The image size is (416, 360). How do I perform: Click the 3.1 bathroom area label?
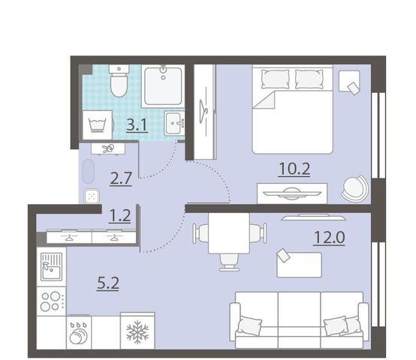pyautogui.click(x=137, y=125)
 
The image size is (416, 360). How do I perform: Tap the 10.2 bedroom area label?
pyautogui.click(x=294, y=169)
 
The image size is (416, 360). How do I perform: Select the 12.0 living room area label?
pyautogui.click(x=329, y=237)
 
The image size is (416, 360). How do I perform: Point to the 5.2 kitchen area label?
pyautogui.click(x=108, y=283)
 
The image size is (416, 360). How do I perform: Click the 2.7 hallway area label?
pyautogui.click(x=121, y=178)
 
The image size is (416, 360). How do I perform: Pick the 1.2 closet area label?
pyautogui.click(x=119, y=216)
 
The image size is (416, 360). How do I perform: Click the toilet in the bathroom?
pyautogui.click(x=119, y=80)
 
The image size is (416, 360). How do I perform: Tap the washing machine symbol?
pyautogui.click(x=98, y=124)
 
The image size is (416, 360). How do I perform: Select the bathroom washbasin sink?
pyautogui.click(x=174, y=124)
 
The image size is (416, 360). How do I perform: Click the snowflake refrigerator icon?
pyautogui.click(x=137, y=331)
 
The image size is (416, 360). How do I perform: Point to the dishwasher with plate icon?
pyautogui.click(x=79, y=333)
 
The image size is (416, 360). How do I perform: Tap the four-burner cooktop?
pyautogui.click(x=51, y=301)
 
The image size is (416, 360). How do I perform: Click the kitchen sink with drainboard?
pyautogui.click(x=51, y=267)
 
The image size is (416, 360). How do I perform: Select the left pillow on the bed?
pyautogui.click(x=275, y=79)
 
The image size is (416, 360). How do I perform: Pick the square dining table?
pyautogui.click(x=229, y=233)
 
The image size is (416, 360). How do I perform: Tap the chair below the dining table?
pyautogui.click(x=229, y=262)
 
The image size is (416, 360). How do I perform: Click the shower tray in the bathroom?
pyautogui.click(x=163, y=86)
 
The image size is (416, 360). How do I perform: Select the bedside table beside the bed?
pyautogui.click(x=349, y=81)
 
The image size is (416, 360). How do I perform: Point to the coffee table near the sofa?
pyautogui.click(x=300, y=265)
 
